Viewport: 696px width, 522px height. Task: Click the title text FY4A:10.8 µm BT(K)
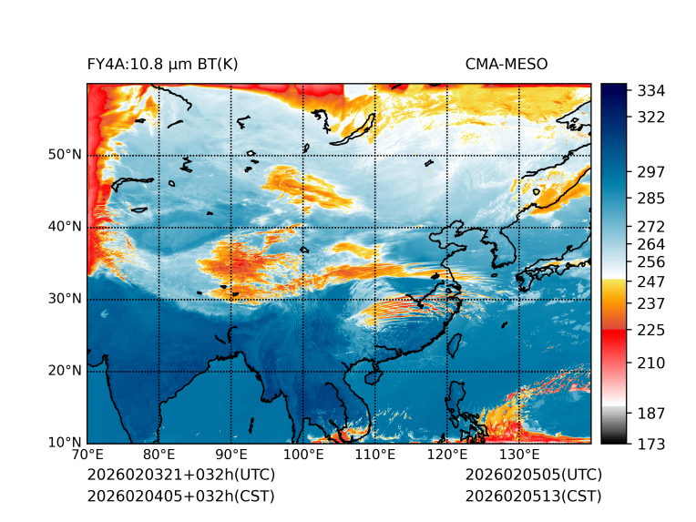(162, 64)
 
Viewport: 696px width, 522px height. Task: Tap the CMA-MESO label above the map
(507, 64)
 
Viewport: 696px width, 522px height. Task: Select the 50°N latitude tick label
(64, 155)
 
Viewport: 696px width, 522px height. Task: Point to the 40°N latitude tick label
(64, 227)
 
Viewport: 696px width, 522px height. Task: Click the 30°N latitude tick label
(64, 299)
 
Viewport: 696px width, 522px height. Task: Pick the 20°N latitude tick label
(64, 371)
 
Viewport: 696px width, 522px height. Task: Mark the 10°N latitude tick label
(64, 443)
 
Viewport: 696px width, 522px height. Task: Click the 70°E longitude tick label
(87, 455)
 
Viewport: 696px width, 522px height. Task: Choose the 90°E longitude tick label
(231, 455)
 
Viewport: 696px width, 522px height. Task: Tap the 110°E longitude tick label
(374, 455)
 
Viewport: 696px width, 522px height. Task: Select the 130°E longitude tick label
(518, 455)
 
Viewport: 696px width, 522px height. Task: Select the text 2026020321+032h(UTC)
(180, 476)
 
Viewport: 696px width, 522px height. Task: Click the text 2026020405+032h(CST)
(180, 496)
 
